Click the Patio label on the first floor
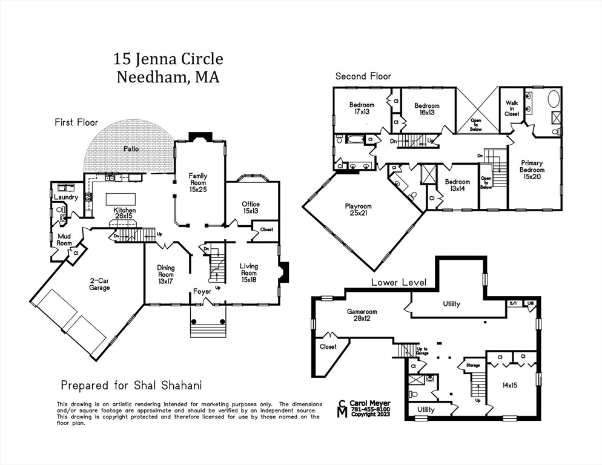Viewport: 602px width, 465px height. click(131, 148)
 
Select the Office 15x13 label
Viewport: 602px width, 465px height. click(251, 208)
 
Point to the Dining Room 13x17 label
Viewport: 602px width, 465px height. click(165, 275)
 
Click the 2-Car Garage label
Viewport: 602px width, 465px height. click(99, 284)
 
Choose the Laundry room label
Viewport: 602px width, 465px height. click(65, 197)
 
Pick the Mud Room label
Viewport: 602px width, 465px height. click(64, 240)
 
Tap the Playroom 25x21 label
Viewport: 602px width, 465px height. click(359, 209)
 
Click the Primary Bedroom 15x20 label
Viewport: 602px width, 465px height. click(532, 170)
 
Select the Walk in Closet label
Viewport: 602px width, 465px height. click(512, 108)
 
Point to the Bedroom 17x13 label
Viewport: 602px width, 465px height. click(362, 108)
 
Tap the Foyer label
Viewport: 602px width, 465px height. click(202, 292)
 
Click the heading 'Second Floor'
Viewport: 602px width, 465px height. click(363, 76)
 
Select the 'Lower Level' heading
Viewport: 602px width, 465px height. click(399, 282)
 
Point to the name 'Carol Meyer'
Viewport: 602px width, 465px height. click(370, 403)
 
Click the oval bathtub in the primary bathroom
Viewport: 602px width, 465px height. click(554, 98)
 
